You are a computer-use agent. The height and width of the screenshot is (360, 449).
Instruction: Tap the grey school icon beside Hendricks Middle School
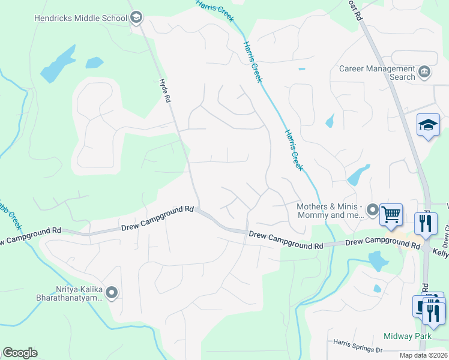[136, 17]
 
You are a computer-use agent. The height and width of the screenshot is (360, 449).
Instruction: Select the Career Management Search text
[377, 73]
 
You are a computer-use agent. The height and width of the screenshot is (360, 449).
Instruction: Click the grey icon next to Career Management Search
[425, 73]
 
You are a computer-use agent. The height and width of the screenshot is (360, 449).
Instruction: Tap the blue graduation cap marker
[429, 125]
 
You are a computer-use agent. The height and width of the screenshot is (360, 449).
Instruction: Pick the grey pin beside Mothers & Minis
[373, 211]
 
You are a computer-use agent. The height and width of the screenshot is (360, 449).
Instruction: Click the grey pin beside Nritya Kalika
[112, 293]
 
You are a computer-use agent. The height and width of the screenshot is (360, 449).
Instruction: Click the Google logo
[20, 353]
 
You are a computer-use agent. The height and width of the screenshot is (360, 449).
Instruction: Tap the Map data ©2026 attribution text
[423, 355]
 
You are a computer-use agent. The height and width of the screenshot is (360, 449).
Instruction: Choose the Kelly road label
[441, 254]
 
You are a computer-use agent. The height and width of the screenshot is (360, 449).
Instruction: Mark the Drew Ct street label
[445, 236]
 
